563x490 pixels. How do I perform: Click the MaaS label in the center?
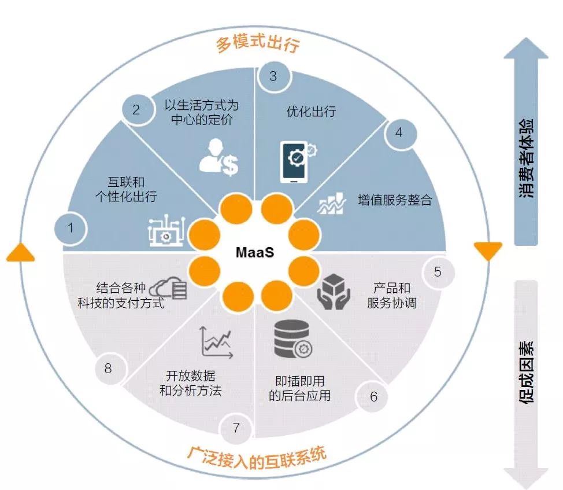point(254,253)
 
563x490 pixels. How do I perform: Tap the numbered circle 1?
point(71,227)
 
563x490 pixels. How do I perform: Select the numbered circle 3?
point(273,76)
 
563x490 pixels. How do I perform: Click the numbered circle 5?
point(438,271)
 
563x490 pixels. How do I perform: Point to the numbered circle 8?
point(108,367)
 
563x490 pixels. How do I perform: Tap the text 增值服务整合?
point(395,201)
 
